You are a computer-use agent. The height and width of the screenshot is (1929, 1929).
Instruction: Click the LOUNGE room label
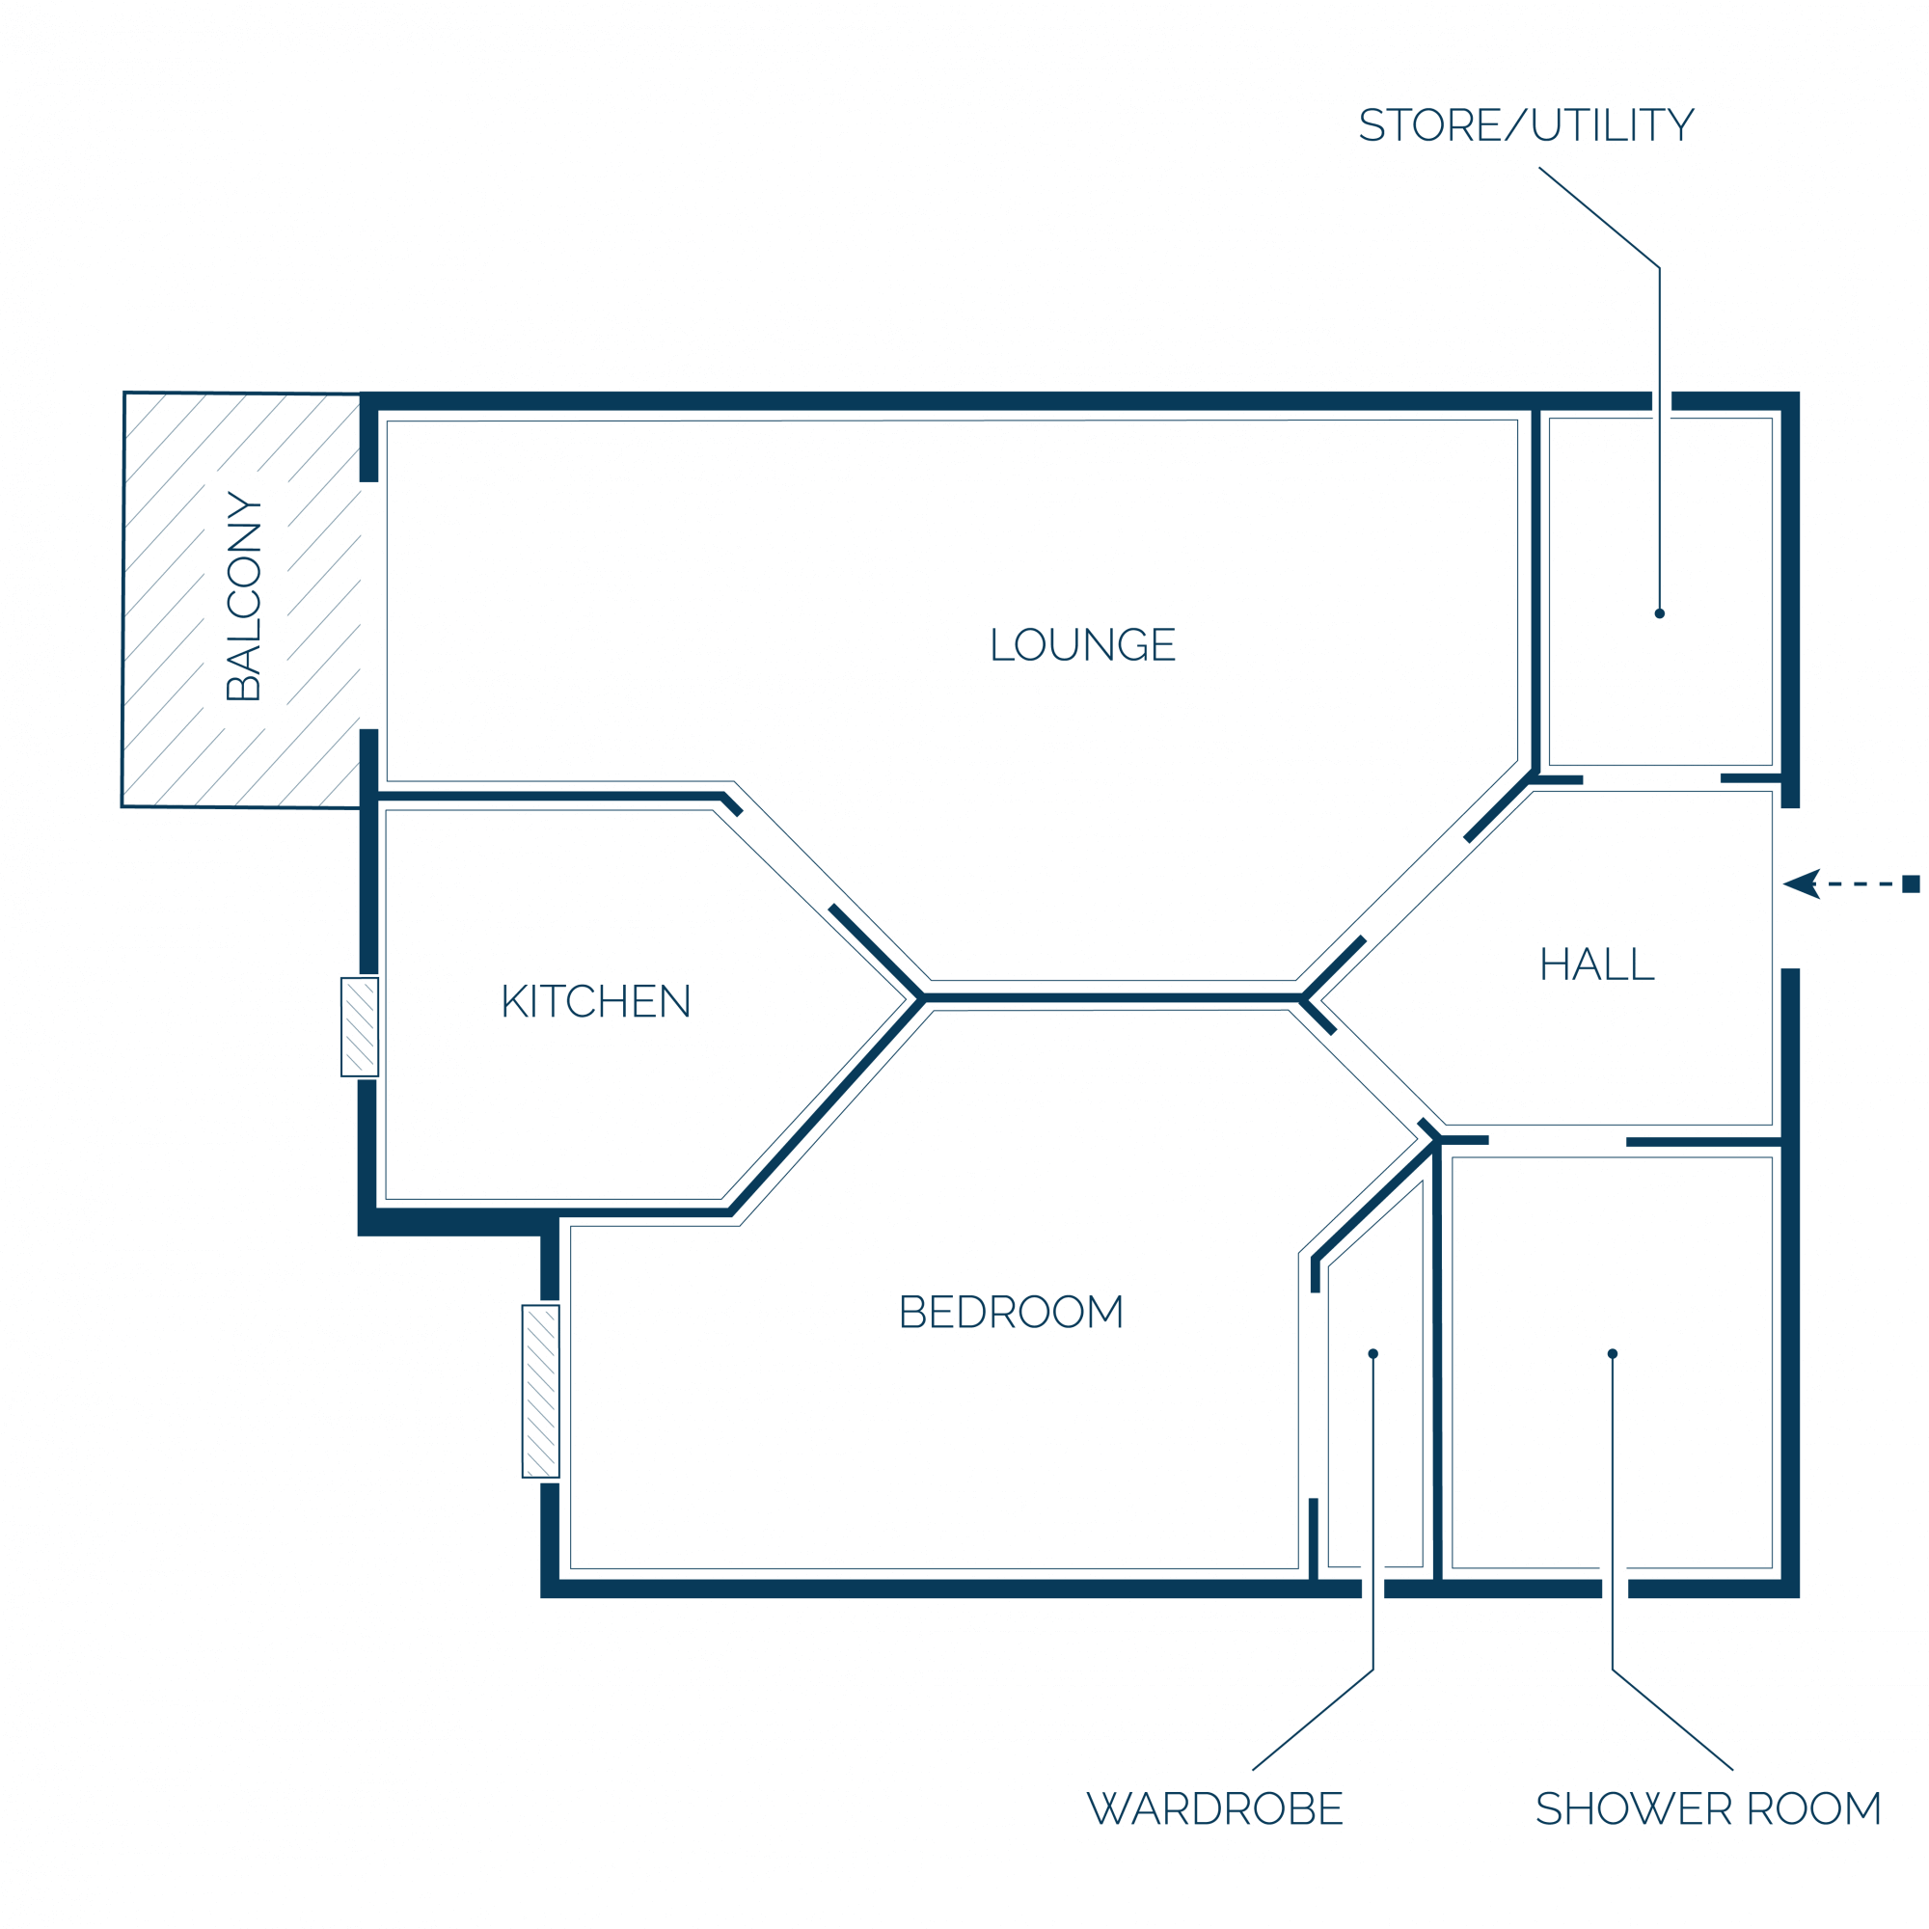1082,644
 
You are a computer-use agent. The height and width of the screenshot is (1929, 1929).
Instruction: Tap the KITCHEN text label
596,1000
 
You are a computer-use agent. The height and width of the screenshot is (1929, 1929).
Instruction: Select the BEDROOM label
1012,1311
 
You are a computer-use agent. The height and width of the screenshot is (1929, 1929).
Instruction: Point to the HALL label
1597,964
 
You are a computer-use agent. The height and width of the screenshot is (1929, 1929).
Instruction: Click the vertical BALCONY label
244,596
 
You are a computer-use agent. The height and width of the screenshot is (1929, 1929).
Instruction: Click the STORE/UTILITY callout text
1527,124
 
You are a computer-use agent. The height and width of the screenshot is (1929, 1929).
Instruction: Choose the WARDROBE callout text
1215,1808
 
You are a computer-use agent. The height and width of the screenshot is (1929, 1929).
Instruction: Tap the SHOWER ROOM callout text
1708,1808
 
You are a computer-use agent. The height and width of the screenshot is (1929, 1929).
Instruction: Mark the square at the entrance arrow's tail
1911,883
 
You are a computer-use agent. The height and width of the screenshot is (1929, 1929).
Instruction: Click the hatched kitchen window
360,1027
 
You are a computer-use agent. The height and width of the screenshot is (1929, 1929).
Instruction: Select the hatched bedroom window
541,1391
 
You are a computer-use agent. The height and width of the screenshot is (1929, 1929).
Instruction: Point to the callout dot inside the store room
1659,613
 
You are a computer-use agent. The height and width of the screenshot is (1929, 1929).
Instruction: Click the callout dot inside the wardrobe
1372,1354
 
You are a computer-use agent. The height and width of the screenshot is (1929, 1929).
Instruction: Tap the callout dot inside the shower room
1613,1354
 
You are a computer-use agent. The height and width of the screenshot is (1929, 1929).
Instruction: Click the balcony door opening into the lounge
369,606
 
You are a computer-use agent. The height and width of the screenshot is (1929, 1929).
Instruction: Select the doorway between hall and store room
1652,778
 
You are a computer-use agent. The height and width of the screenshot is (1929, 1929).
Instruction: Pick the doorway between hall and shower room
1558,1140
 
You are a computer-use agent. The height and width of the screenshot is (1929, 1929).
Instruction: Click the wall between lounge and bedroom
1112,997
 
